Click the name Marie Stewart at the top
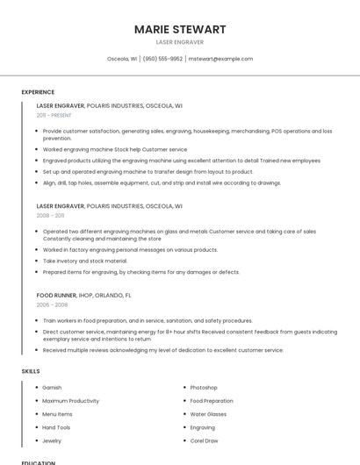pyautogui.click(x=179, y=29)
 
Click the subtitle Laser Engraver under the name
pyautogui.click(x=179, y=42)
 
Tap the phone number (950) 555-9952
pyautogui.click(x=162, y=59)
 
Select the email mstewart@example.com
pyautogui.click(x=221, y=59)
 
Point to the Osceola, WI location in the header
pyautogui.click(x=122, y=59)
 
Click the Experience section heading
pyautogui.click(x=38, y=92)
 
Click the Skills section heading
pyautogui.click(x=30, y=371)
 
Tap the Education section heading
pyautogui.click(x=38, y=461)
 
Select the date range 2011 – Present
pyautogui.click(x=54, y=115)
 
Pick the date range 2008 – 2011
pyautogui.click(x=50, y=215)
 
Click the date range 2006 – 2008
pyautogui.click(x=50, y=305)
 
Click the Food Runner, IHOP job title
pyautogui.click(x=83, y=296)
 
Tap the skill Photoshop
pyautogui.click(x=204, y=388)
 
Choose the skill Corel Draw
pyautogui.click(x=204, y=440)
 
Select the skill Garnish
pyautogui.click(x=52, y=388)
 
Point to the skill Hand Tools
pyautogui.click(x=56, y=427)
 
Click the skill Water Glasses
pyautogui.click(x=208, y=414)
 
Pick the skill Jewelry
pyautogui.click(x=52, y=440)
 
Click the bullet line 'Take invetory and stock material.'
pyautogui.click(x=85, y=261)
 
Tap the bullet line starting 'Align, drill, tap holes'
pyautogui.click(x=162, y=182)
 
